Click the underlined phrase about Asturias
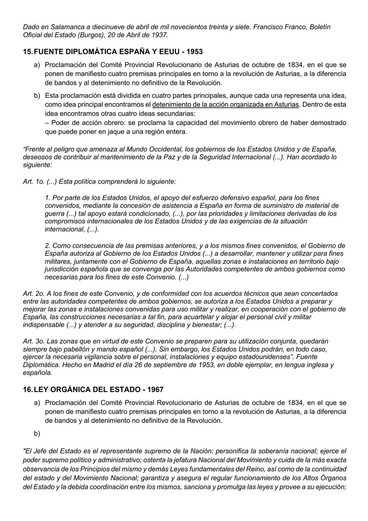click(226, 104)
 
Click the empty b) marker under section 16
click(37, 434)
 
